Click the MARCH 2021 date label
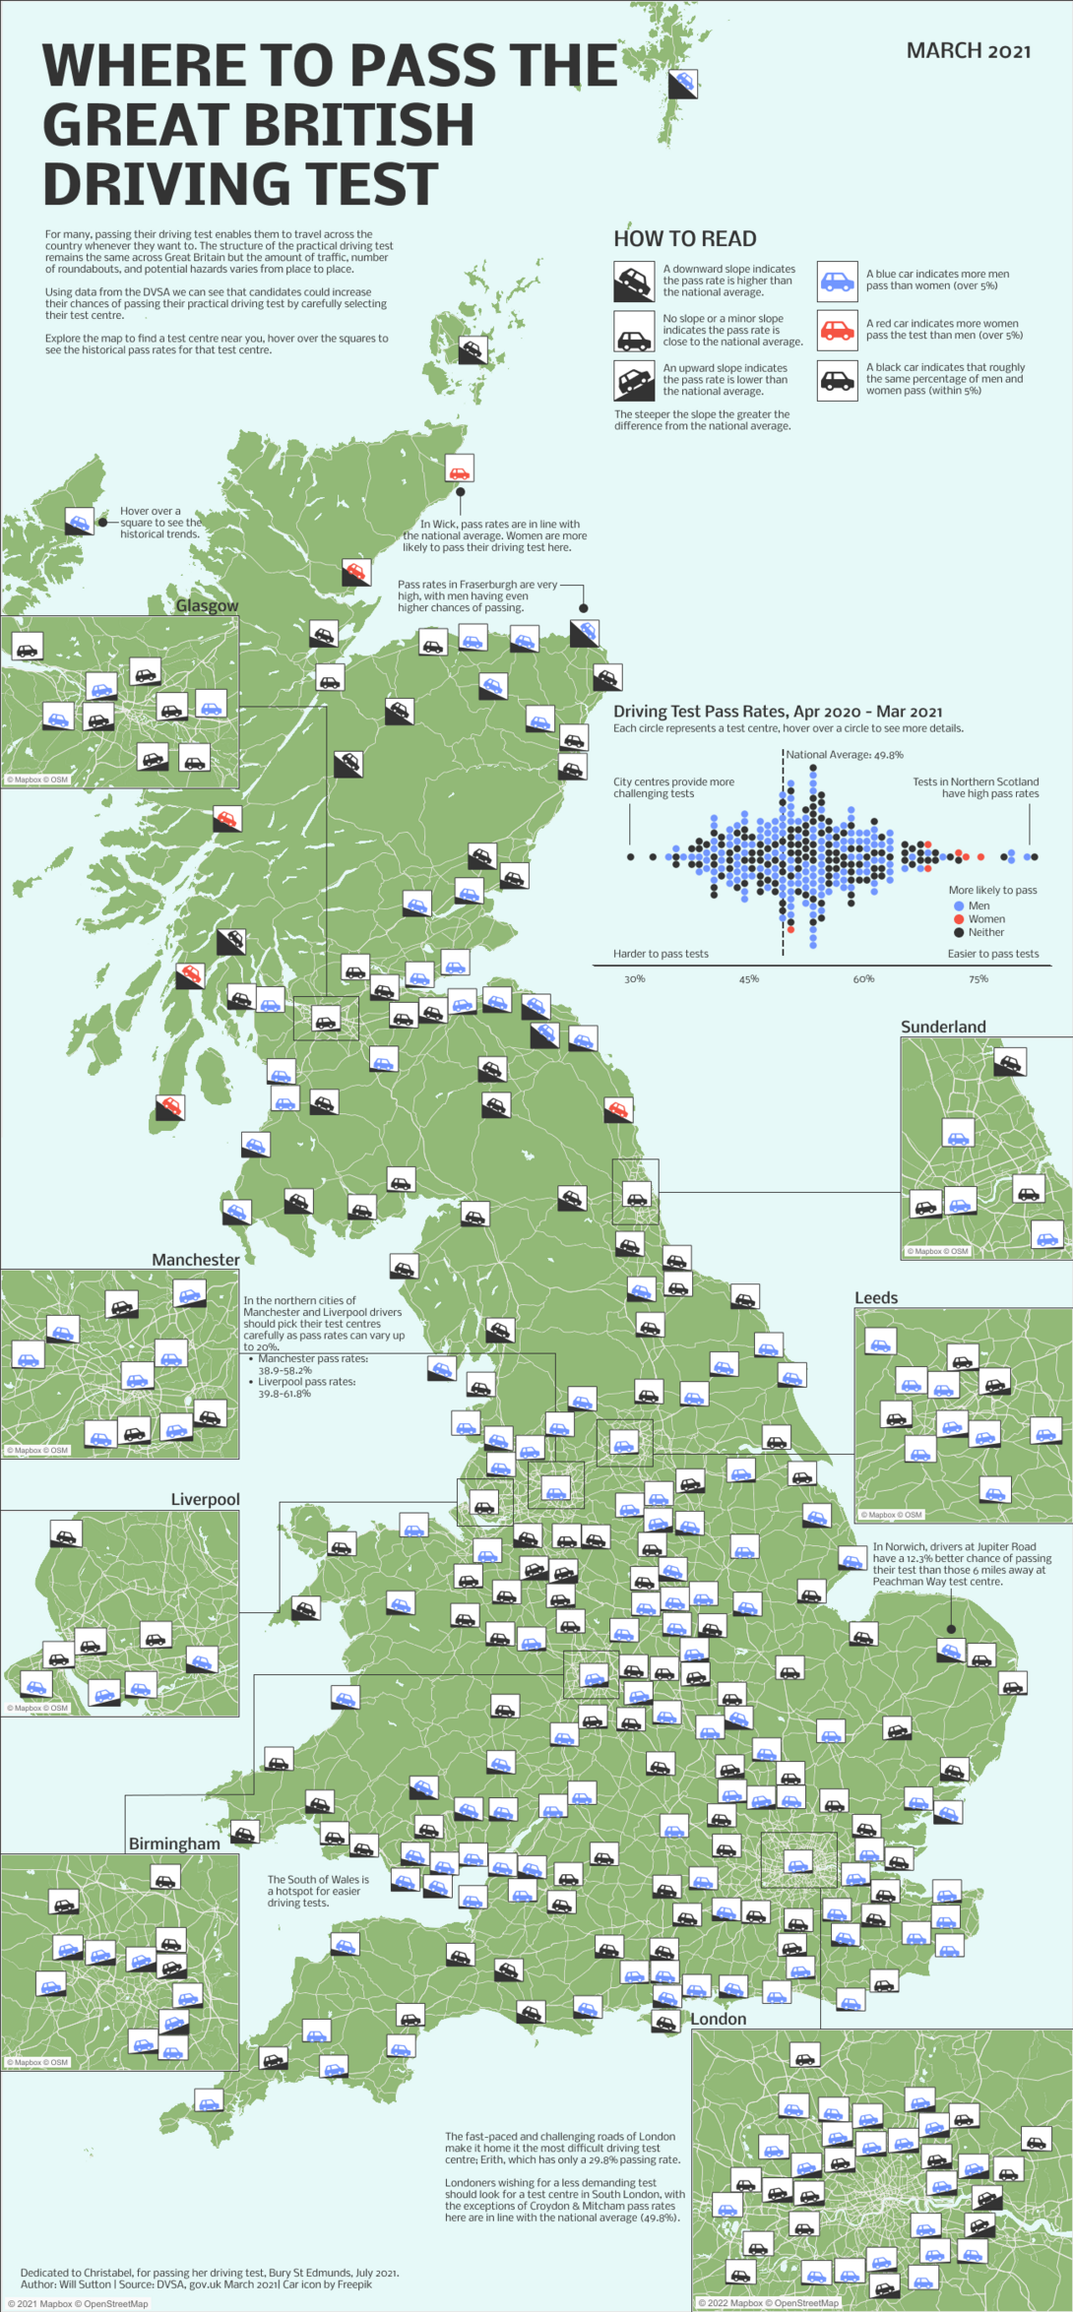pos(969,51)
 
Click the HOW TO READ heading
pos(685,239)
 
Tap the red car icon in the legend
pos(838,329)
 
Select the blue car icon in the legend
pos(838,281)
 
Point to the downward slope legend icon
pos(634,281)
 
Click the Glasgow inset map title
pos(207,605)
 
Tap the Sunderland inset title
pos(943,1027)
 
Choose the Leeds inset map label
pos(876,1297)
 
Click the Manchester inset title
pos(196,1260)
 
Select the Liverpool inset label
pos(205,1499)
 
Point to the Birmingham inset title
pos(174,1843)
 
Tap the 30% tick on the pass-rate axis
pos(635,979)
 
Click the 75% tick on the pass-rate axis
pos(978,979)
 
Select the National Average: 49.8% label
pos(845,755)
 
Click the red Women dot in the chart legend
pos(959,919)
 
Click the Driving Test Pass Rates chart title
pos(778,712)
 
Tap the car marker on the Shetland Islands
pos(683,84)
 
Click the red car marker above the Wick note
pos(460,468)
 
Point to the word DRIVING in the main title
pos(240,184)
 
